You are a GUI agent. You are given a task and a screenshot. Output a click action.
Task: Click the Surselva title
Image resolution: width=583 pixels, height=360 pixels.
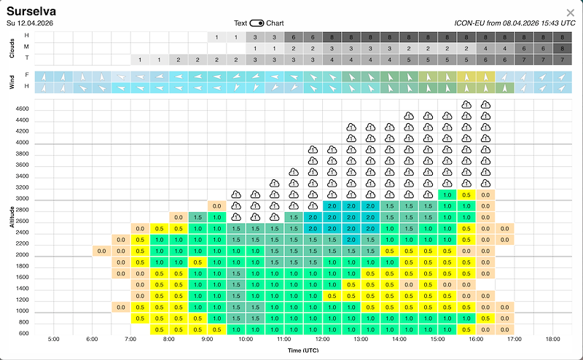tap(31, 12)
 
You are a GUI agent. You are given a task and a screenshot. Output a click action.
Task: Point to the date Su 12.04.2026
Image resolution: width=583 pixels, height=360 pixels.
tap(33, 23)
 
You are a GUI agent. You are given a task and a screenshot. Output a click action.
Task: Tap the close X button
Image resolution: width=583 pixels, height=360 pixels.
tap(570, 12)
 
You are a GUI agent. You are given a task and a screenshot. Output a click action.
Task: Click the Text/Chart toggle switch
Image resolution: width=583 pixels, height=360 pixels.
tap(257, 23)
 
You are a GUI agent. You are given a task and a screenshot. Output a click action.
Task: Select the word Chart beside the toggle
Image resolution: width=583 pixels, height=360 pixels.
tap(275, 23)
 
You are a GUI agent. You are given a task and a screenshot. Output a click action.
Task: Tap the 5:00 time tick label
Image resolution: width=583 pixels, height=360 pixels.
tap(53, 340)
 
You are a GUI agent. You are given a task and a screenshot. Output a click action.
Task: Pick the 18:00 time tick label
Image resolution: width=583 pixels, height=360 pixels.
tap(552, 340)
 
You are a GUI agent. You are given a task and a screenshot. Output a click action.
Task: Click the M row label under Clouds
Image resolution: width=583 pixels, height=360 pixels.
tap(27, 47)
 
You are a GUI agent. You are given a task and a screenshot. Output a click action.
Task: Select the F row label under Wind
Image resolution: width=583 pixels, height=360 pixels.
tap(27, 75)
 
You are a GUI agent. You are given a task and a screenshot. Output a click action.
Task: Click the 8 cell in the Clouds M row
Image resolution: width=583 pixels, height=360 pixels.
tap(562, 47)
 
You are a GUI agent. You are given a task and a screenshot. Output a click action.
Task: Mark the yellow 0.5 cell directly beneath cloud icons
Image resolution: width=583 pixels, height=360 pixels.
tap(466, 195)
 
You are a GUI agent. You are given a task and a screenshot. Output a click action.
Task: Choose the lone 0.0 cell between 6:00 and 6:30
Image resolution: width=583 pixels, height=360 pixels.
tap(102, 251)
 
